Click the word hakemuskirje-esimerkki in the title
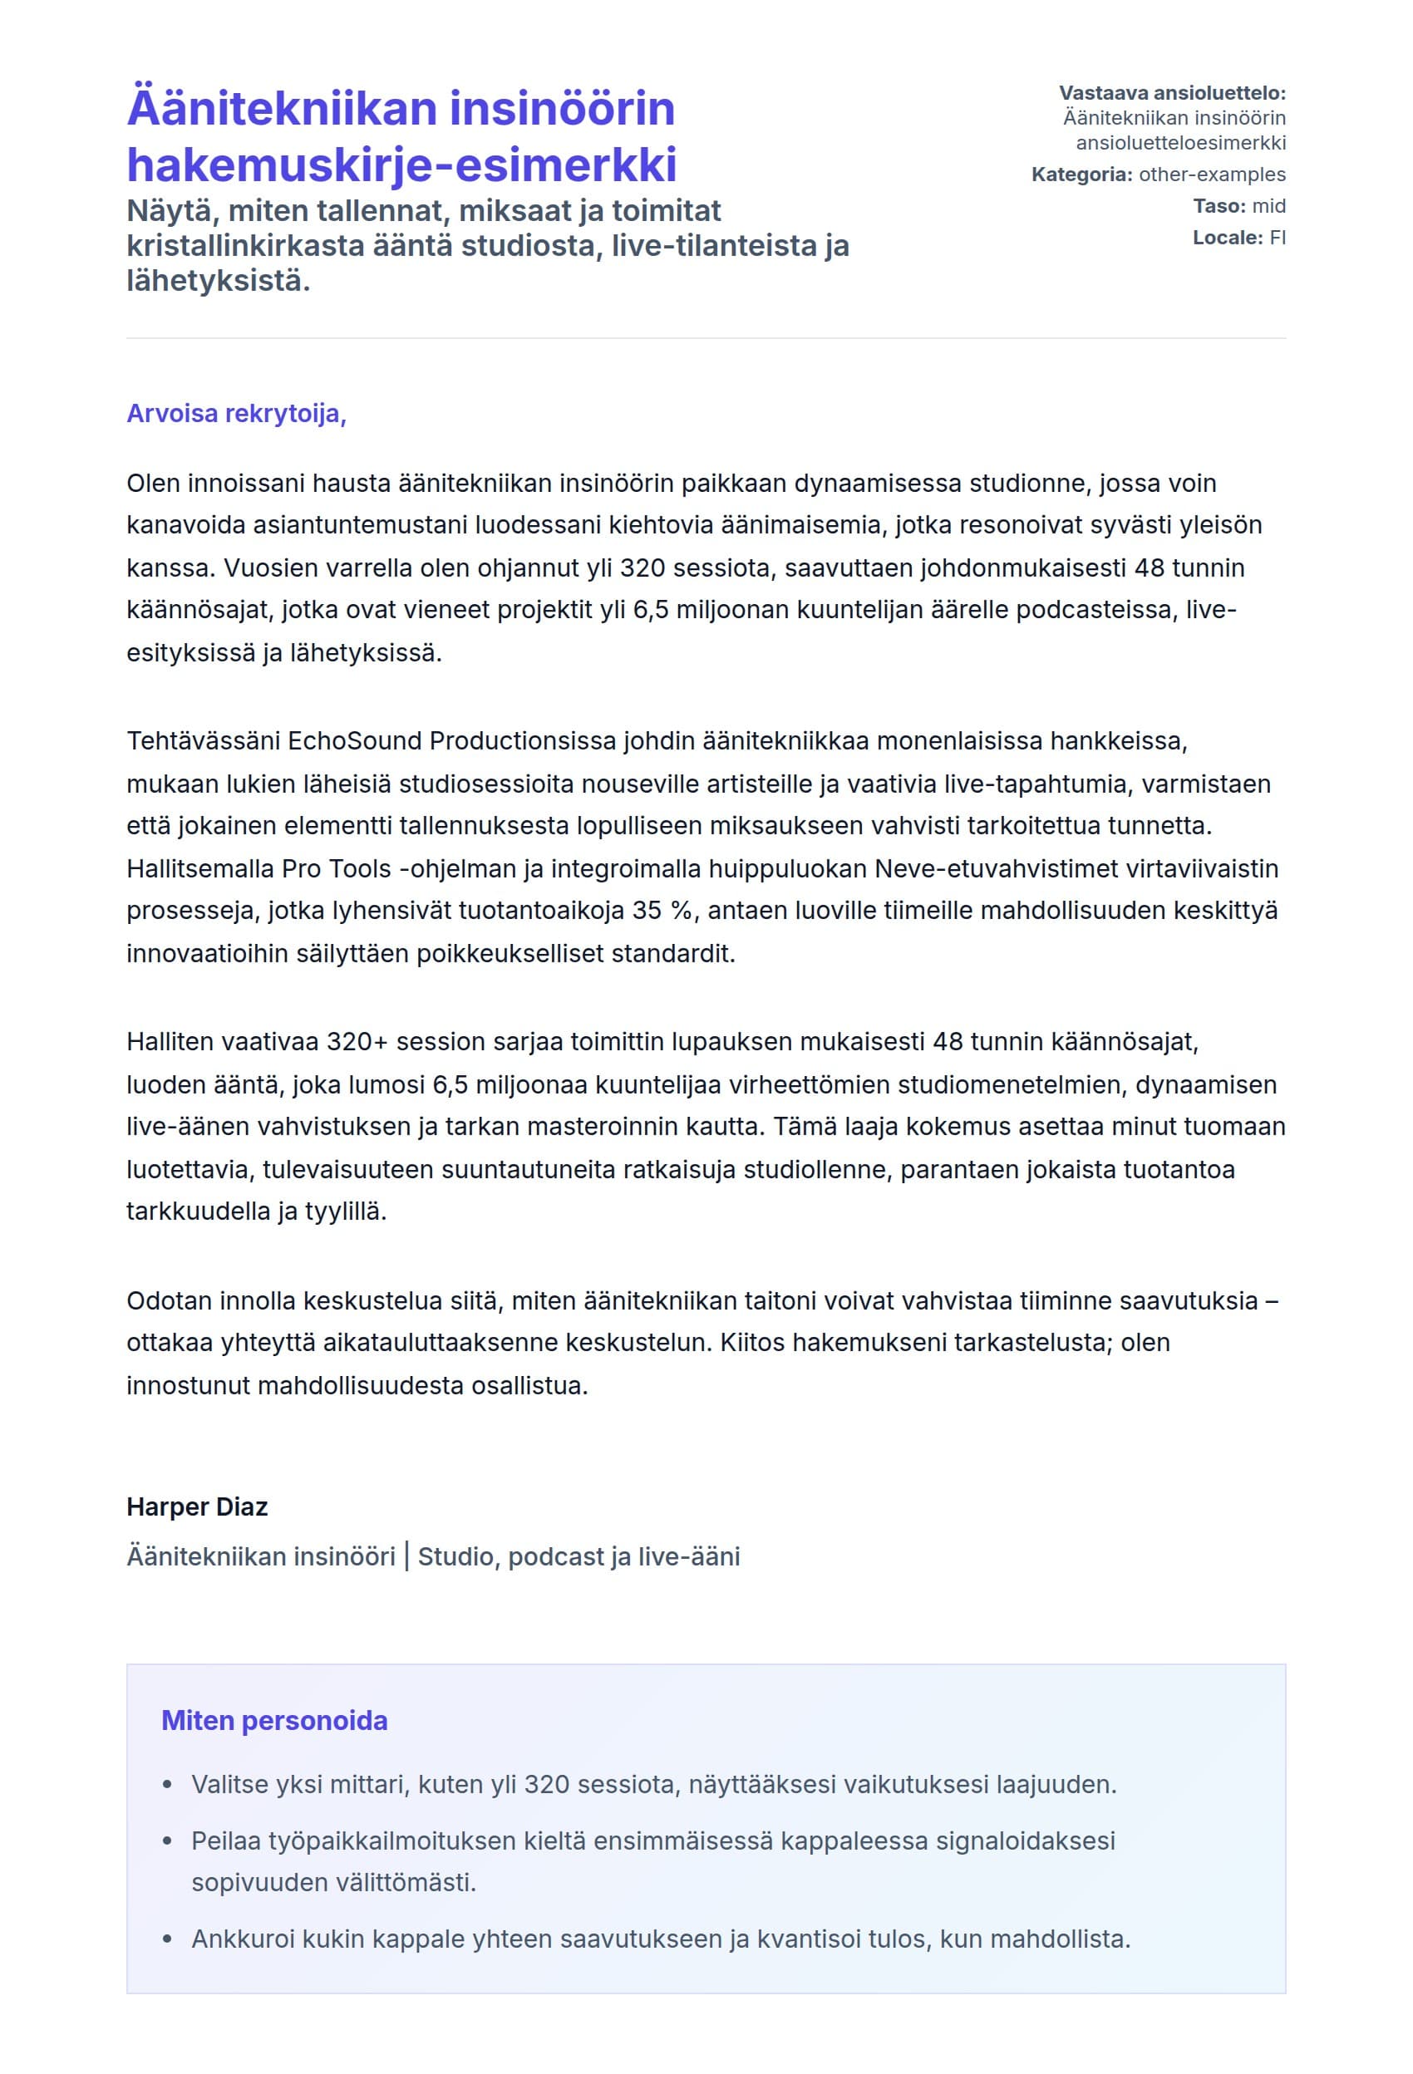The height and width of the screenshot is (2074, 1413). coord(401,165)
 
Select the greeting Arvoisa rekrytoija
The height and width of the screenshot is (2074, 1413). coord(236,413)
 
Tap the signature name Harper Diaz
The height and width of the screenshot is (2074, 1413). coord(196,1507)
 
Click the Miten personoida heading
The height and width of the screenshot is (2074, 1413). coord(274,1721)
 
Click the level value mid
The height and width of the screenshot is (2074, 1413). coord(1268,206)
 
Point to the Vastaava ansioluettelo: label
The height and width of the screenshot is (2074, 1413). coord(1171,93)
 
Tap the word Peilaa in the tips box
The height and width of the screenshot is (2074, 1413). coord(222,1841)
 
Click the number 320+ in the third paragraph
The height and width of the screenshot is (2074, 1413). coord(357,1041)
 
